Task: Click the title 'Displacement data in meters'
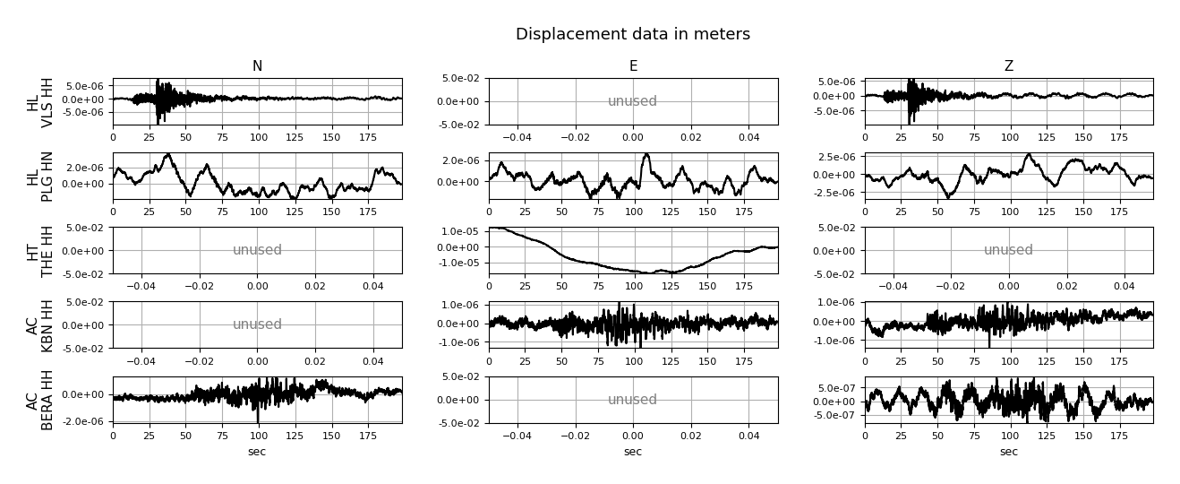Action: [632, 34]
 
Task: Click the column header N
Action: [257, 66]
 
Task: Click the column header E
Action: [633, 66]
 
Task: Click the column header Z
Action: [1008, 66]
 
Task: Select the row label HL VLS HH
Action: [40, 101]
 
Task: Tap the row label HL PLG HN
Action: [40, 176]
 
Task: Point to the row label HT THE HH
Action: [40, 250]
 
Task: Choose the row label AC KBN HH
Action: [40, 324]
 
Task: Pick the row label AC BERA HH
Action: [40, 400]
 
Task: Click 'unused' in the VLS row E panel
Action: [632, 101]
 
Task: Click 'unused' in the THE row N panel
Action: [257, 250]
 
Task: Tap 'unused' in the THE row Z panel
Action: [1008, 250]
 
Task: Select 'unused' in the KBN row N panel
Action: [257, 324]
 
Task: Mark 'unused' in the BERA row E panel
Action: [632, 400]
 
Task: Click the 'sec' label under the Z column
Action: [1008, 452]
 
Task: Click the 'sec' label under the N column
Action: [257, 452]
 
